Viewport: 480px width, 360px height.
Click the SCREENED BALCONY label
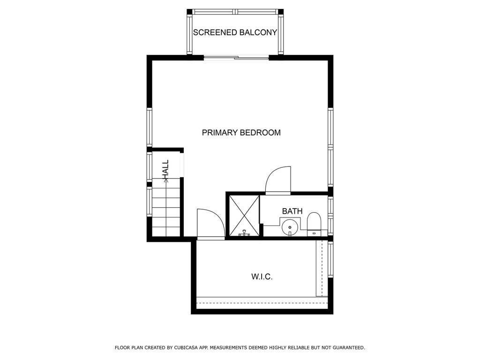235,32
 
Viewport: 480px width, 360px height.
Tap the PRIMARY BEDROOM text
241,133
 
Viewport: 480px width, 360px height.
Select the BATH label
292,211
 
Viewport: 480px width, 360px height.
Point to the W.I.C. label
262,277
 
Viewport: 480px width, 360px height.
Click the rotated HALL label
165,169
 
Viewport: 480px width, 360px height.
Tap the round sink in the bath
290,227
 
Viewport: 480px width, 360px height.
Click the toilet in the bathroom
314,225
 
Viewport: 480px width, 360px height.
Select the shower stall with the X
244,216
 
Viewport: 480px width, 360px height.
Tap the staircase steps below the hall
166,212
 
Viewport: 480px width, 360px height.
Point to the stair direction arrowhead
166,180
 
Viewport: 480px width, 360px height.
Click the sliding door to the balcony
236,57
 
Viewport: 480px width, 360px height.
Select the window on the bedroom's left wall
150,127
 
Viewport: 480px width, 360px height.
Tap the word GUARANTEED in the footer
348,347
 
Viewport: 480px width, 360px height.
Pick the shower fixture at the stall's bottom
244,233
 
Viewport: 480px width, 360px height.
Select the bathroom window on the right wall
330,216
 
